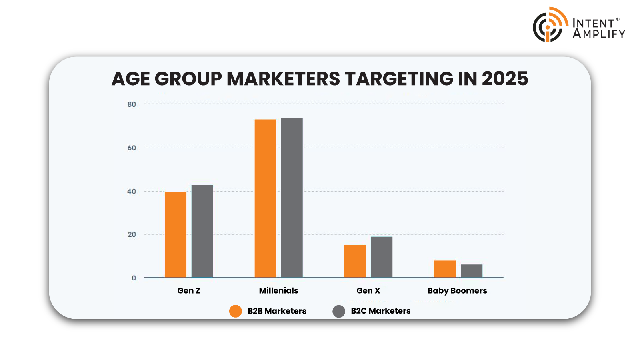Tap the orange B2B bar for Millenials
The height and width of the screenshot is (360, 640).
(265, 198)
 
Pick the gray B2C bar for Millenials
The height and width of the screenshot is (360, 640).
(292, 198)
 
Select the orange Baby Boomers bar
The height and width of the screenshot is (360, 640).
(445, 269)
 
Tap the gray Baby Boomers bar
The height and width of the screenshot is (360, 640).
(472, 271)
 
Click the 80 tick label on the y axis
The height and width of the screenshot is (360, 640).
(132, 104)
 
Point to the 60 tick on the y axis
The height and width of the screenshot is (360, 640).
(132, 148)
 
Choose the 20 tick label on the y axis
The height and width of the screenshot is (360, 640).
(132, 235)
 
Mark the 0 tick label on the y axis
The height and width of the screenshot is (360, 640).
(134, 278)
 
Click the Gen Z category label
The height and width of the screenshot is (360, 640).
(189, 291)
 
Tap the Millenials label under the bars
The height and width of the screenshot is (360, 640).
(278, 291)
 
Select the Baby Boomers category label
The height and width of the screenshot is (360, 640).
(457, 291)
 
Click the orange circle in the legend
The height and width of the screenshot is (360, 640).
(236, 311)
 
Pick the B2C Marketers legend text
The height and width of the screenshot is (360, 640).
(380, 311)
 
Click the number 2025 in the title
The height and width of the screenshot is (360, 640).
(505, 79)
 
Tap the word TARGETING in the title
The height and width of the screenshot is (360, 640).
(398, 79)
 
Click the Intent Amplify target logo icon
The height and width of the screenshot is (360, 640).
(549, 25)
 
